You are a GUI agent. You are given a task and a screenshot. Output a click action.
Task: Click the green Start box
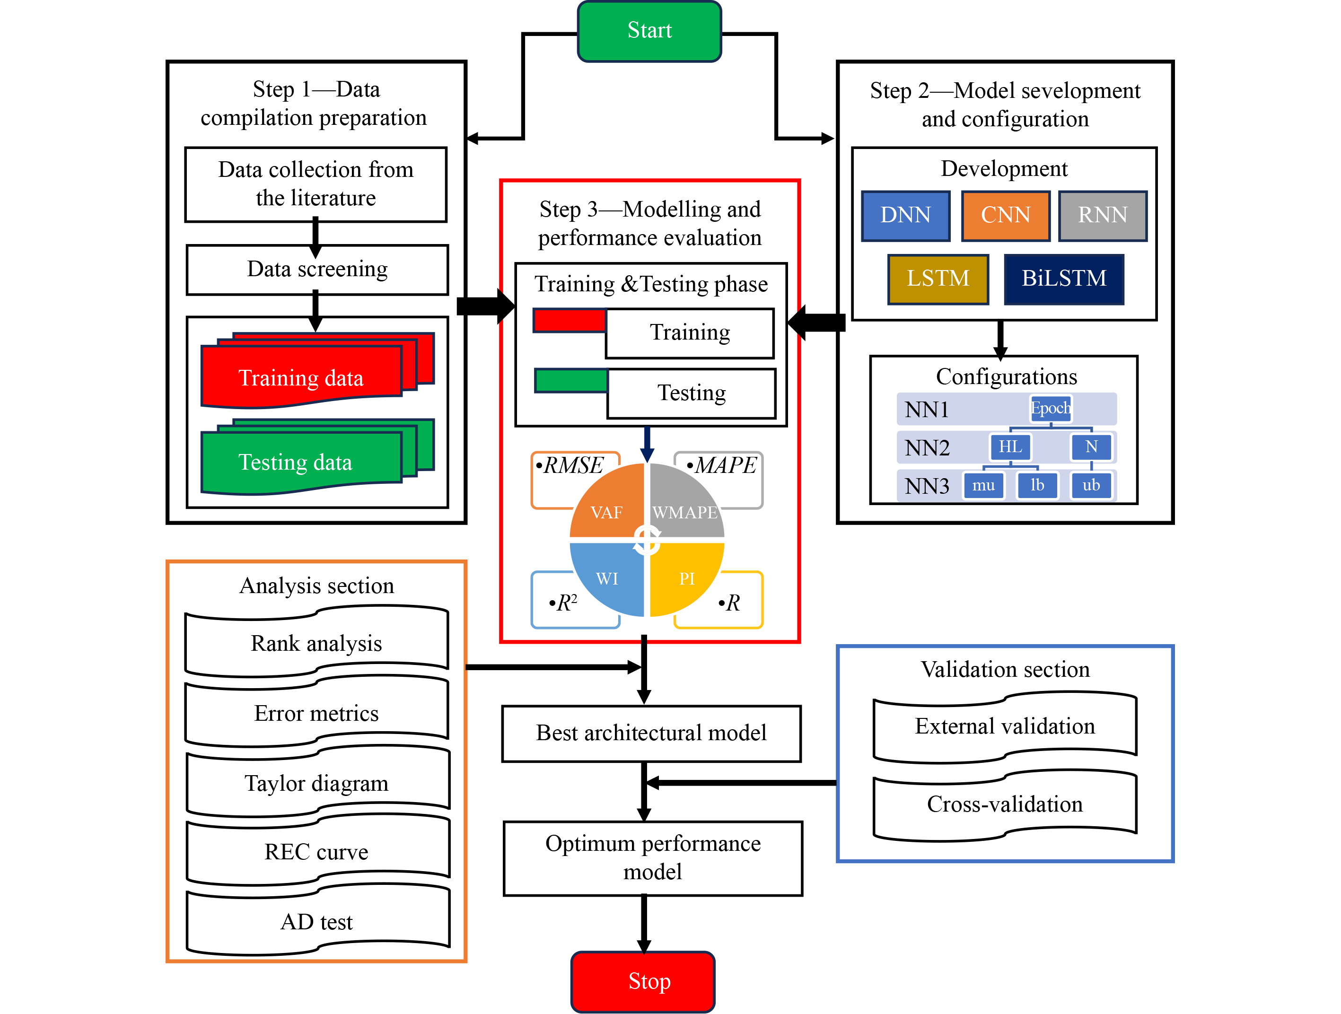[649, 31]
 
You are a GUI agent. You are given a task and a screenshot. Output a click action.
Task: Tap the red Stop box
[643, 981]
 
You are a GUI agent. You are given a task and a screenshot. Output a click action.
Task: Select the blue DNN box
[905, 216]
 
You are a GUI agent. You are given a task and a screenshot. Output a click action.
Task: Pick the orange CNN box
[1005, 216]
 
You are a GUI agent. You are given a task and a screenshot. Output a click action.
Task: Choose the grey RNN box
[1102, 216]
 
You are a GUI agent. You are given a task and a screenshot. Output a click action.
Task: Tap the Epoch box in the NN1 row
[1051, 409]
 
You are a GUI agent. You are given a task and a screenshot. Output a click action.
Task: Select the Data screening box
[317, 270]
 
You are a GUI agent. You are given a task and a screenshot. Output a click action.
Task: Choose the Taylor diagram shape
[317, 783]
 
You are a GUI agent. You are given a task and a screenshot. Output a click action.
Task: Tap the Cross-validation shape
[1005, 804]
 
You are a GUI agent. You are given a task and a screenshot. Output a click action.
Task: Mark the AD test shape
[317, 922]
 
